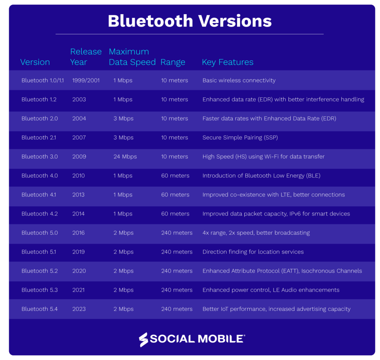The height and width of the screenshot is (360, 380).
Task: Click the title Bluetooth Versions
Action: (190, 21)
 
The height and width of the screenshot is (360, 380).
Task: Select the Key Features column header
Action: (227, 62)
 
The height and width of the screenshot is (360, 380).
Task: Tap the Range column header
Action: (173, 62)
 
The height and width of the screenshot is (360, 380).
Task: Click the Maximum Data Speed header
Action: (132, 57)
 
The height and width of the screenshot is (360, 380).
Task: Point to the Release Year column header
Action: (86, 57)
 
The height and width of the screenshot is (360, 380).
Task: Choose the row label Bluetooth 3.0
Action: (39, 157)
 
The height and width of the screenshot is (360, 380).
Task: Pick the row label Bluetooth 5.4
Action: (39, 309)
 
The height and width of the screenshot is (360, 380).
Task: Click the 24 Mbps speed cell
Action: (125, 157)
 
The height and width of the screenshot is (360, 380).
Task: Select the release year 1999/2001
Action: (86, 81)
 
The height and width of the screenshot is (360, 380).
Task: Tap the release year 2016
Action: (79, 233)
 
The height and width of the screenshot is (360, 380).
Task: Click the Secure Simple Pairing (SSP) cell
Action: (240, 138)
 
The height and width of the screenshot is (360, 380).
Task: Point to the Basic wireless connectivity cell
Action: (239, 81)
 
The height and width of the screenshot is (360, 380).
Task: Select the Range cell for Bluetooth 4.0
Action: (175, 176)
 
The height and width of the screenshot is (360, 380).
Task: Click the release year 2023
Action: (79, 309)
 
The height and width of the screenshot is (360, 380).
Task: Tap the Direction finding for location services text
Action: (253, 252)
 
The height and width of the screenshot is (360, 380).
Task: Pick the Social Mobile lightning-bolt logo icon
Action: (143, 340)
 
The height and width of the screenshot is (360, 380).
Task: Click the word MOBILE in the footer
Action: (220, 339)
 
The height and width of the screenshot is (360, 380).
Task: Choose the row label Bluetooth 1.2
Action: (39, 100)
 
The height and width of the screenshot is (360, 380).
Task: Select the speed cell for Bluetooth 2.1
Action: (123, 138)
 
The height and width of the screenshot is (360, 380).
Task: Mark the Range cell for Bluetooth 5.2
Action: (177, 271)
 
